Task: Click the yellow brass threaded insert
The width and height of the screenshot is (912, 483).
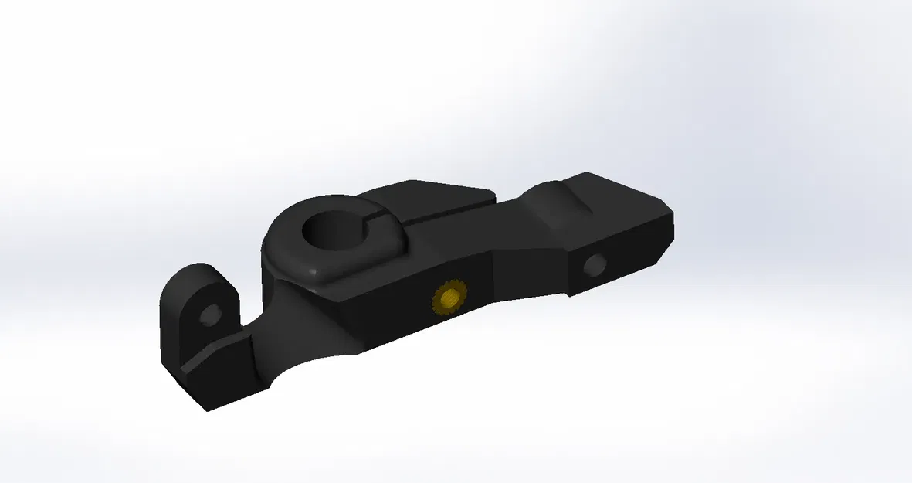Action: (x=449, y=297)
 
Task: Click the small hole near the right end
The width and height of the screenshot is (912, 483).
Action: (x=594, y=266)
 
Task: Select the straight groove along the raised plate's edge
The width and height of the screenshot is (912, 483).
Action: (x=448, y=213)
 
